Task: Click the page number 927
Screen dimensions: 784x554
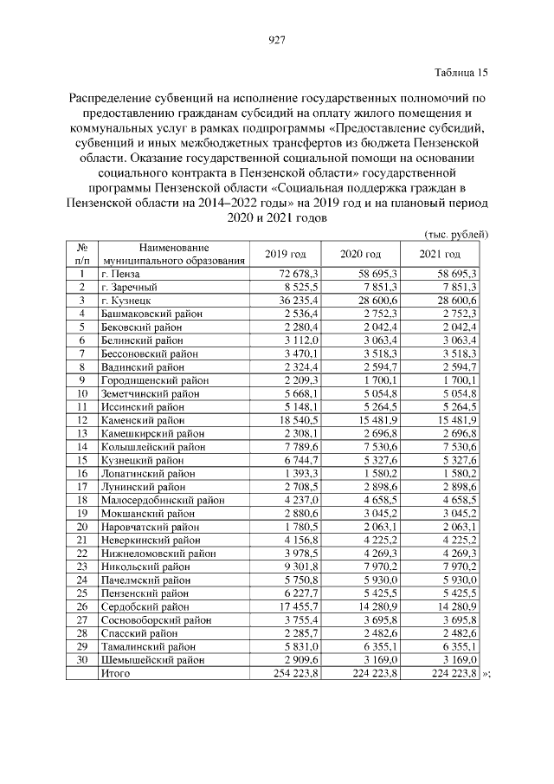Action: (277, 39)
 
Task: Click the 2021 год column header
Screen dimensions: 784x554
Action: (440, 254)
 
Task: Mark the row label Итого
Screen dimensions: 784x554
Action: (116, 672)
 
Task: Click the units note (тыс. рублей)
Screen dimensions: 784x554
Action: (456, 234)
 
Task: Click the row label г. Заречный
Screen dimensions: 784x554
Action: (131, 286)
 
